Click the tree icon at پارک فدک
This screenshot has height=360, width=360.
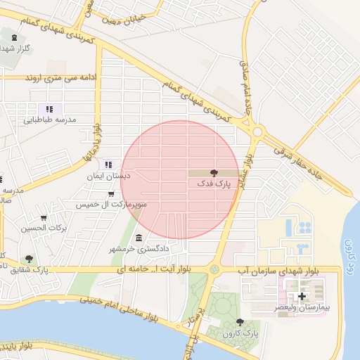(x=214, y=172)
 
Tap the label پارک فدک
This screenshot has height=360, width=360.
(x=214, y=184)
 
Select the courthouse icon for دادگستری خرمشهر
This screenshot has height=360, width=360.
(x=139, y=238)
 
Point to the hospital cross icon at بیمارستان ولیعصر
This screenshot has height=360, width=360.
(x=302, y=297)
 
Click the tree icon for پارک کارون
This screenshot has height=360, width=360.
(x=240, y=322)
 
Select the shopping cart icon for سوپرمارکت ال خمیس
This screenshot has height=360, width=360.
(x=111, y=193)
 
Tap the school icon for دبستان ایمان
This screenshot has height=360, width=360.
(x=108, y=165)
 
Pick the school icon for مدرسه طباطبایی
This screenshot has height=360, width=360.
(x=49, y=109)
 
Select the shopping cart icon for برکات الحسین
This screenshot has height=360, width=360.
(x=44, y=218)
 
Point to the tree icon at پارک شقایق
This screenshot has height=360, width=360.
(x=28, y=259)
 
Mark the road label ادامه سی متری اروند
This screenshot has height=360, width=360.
(x=55, y=76)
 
